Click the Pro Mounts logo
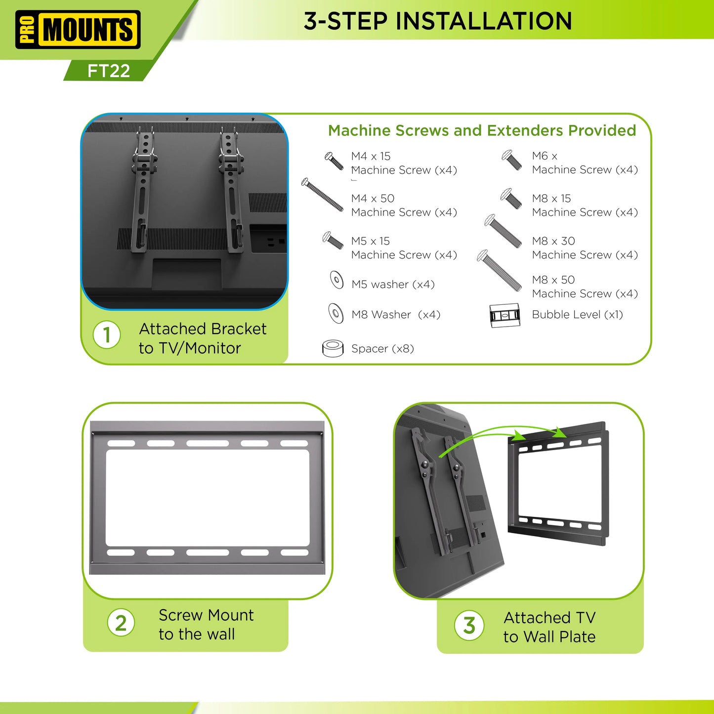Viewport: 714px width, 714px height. (x=78, y=29)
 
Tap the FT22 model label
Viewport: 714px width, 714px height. (x=109, y=71)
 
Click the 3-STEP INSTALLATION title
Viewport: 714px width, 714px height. (x=438, y=21)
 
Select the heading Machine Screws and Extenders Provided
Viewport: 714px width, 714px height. (x=482, y=130)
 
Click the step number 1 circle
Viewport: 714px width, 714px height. (x=107, y=335)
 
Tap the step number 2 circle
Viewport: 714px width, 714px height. (x=121, y=623)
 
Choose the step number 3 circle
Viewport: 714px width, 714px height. (x=469, y=626)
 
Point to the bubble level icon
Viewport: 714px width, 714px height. (x=504, y=315)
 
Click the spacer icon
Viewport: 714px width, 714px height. (x=333, y=348)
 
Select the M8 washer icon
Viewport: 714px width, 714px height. (x=336, y=313)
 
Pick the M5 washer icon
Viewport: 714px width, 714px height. (x=336, y=280)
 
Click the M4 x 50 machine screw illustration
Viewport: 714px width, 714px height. (x=322, y=195)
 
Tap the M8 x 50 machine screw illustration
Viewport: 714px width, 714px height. (x=499, y=270)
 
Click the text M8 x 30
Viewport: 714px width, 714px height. (x=553, y=241)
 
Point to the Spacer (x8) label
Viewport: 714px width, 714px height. (x=382, y=349)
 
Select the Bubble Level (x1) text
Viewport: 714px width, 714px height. (x=577, y=315)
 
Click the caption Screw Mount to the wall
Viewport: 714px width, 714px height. (x=206, y=625)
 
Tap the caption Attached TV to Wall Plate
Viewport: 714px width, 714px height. (x=549, y=627)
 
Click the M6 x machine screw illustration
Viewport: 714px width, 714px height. (x=512, y=160)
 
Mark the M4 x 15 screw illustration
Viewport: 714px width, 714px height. (x=334, y=161)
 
